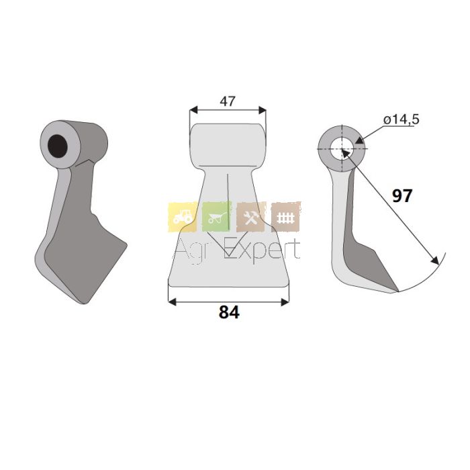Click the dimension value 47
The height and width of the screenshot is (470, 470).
[228, 101]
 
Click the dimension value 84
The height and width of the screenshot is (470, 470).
[229, 312]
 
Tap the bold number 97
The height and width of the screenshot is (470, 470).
[402, 196]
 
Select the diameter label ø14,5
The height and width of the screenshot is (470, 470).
[401, 120]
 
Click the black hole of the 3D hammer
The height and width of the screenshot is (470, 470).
[58, 146]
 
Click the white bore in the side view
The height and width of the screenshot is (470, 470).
[342, 148]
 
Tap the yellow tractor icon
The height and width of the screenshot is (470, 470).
[183, 217]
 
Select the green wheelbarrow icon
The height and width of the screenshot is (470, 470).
[217, 217]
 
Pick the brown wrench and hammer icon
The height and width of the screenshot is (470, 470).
[251, 217]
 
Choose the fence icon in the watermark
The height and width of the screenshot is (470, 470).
[285, 217]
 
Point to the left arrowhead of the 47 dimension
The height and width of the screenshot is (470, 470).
[193, 109]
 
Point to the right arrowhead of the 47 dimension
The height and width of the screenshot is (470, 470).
[263, 109]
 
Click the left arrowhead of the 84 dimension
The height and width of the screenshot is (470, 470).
[173, 302]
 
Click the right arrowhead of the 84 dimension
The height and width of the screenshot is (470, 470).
[285, 302]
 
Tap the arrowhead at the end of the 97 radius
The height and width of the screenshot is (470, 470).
[435, 261]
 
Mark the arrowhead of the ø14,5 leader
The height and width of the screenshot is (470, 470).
[359, 140]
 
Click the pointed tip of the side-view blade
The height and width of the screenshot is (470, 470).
[398, 291]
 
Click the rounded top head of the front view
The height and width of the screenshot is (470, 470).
[228, 146]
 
